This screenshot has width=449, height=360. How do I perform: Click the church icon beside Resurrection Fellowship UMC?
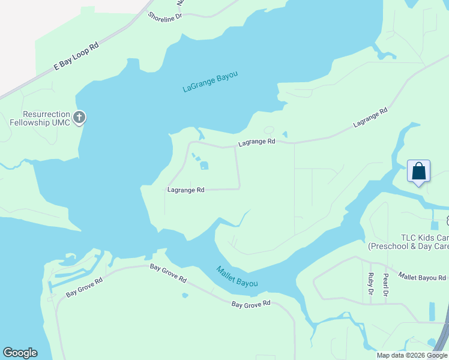tap(79, 118)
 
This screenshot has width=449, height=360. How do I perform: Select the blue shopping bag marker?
tap(418, 171)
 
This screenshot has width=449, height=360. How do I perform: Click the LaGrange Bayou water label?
tap(210, 82)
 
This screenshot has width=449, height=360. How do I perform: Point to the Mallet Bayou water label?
tap(237, 277)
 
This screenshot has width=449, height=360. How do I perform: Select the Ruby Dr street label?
tap(370, 284)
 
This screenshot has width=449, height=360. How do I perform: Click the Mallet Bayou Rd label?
tap(425, 278)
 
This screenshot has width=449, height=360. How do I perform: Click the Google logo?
tap(20, 353)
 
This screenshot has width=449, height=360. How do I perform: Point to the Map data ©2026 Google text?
tap(412, 355)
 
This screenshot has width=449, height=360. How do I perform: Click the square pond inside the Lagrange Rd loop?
tap(204, 166)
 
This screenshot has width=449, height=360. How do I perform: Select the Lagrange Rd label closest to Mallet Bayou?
tap(185, 190)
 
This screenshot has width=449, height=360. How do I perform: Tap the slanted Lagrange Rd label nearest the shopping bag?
tap(370, 118)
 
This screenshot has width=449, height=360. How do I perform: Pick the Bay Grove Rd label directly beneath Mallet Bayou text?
tap(251, 304)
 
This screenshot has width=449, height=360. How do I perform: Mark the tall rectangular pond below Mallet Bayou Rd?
tap(432, 311)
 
